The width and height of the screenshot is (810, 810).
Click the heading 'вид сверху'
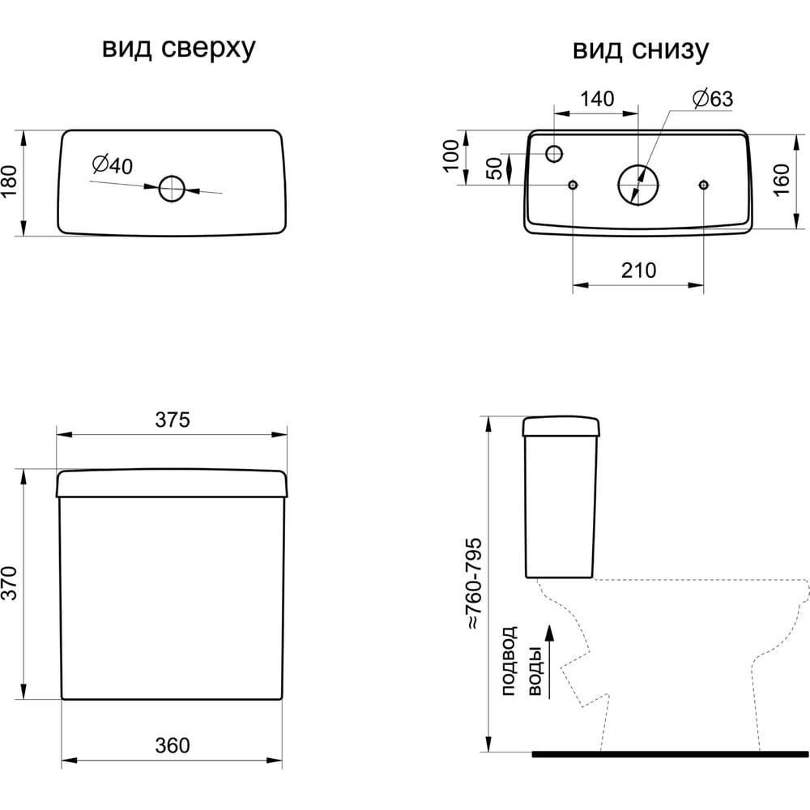point(178,49)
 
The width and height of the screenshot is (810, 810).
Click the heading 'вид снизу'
point(641,49)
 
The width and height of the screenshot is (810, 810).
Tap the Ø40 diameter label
point(112,165)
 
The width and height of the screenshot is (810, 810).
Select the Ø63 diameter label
point(712,99)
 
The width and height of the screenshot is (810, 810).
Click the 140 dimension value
point(597,99)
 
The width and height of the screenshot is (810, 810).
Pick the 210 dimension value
point(638,271)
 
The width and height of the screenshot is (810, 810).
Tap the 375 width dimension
point(172,420)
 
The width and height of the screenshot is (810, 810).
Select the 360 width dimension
point(172,745)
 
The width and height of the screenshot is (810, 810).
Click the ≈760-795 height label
point(473,583)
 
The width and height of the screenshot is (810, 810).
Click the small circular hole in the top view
point(172,189)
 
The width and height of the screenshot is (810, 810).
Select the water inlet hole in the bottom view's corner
point(555,153)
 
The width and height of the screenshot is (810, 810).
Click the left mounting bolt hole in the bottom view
point(573,185)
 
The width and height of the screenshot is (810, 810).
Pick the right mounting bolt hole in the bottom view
point(703,185)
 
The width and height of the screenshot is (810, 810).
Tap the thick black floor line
point(671,753)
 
